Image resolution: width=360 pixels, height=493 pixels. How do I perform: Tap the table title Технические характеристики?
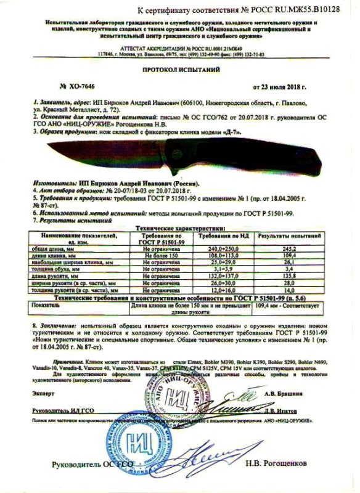(179, 228)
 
